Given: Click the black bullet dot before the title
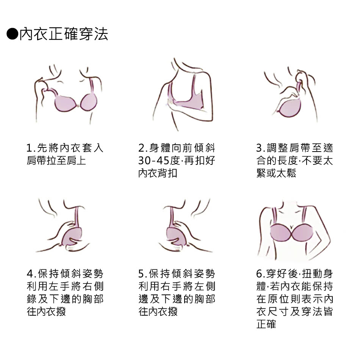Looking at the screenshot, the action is pos(13,34).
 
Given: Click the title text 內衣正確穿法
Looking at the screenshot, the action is pos(64,34).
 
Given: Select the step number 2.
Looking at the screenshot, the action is pos(141,148).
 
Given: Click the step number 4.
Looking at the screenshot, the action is pos(30,274).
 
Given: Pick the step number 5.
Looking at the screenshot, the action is pos(141,274).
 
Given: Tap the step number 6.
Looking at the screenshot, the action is pos(259,274).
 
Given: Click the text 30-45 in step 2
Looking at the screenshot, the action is pos(153,161).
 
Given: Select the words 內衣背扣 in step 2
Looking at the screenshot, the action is pos(158,173).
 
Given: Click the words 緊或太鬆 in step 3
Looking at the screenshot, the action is pos(276,173).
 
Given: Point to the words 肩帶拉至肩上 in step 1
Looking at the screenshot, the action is pos(56,161).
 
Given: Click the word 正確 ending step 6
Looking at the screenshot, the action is pos(266,324).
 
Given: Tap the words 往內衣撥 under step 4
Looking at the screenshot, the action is pos(46,311).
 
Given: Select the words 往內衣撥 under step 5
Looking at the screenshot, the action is pos(158,311).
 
